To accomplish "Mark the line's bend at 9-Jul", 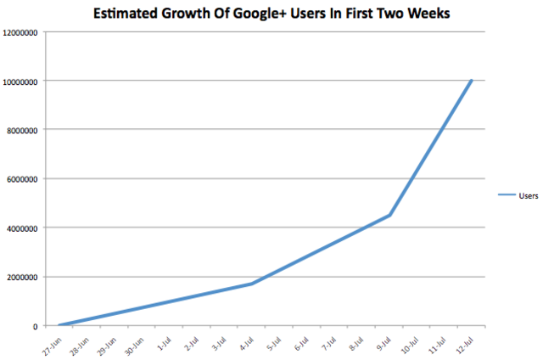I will (x=389, y=216).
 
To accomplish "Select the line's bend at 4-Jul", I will (x=252, y=284).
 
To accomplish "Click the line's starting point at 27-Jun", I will (x=59, y=325).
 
